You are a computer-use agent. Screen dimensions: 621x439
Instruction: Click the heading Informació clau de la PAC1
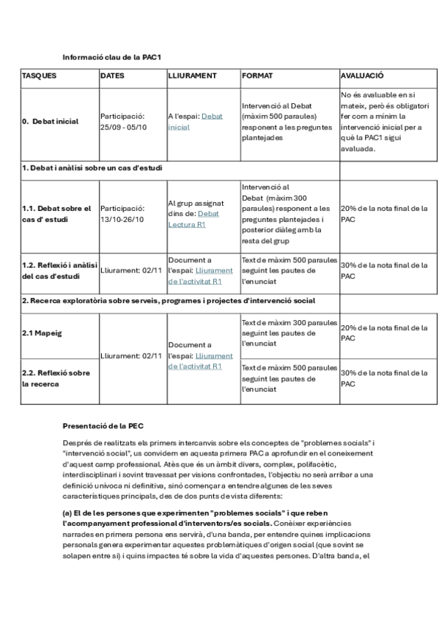coord(111,56)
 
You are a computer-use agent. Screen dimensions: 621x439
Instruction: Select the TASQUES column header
coord(39,75)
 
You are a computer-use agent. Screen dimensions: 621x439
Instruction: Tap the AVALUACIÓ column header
coord(362,75)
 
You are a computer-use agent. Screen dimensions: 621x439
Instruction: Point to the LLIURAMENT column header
coord(192,75)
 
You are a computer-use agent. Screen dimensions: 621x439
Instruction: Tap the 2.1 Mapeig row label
coord(42,333)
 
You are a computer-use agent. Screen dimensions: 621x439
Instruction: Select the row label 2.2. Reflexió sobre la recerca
coord(56,378)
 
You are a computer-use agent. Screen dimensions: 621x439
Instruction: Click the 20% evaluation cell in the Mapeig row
coord(384,333)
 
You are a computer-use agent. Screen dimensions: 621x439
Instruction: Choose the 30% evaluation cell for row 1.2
coord(384,270)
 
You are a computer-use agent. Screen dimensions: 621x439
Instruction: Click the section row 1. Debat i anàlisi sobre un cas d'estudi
coord(92,168)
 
